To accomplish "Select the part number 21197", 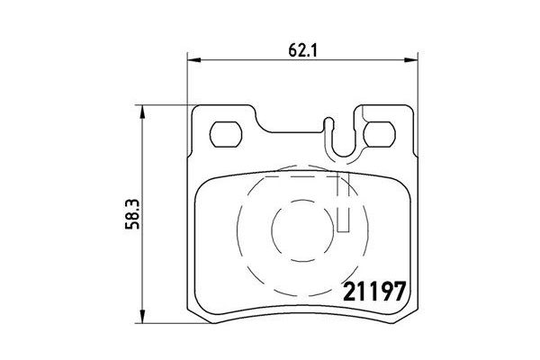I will pos(376,293).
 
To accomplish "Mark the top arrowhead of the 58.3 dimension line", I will pos(141,109).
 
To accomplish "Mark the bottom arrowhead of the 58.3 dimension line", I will pos(141,321).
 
